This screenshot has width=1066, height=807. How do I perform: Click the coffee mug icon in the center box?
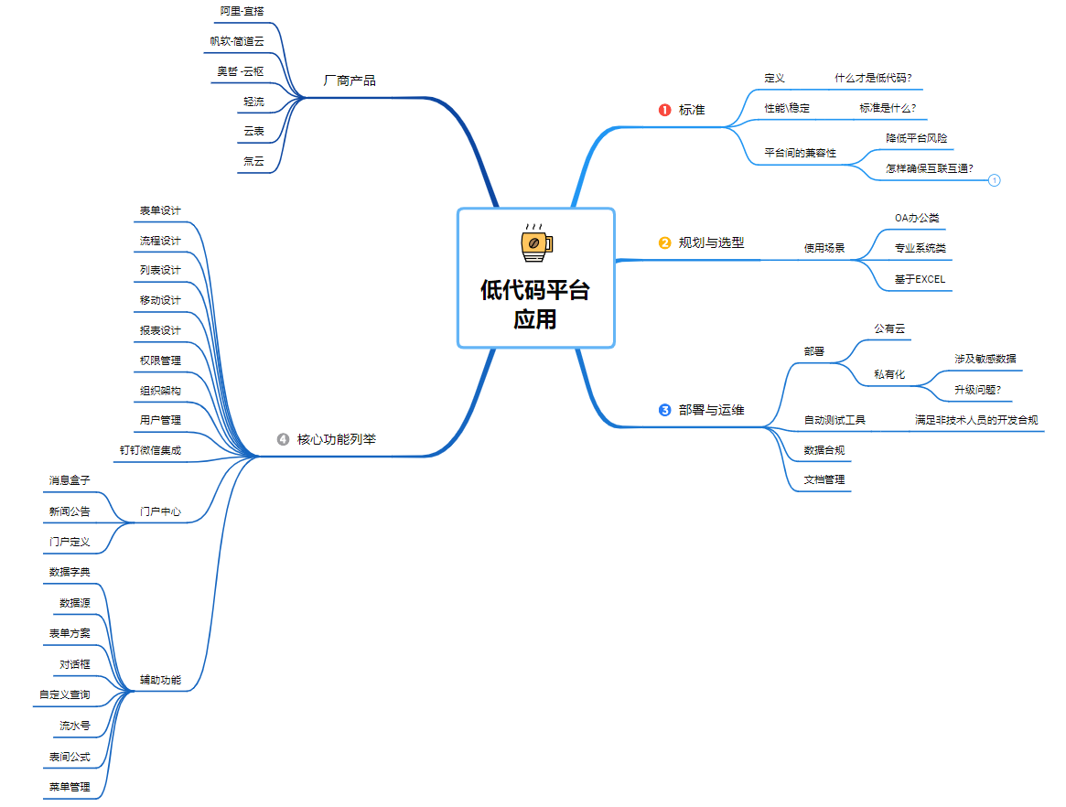535,242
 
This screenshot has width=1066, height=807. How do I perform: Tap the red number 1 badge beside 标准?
665,110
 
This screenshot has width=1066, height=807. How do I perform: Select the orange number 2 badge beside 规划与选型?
665,243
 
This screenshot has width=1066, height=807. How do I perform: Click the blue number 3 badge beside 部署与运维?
665,410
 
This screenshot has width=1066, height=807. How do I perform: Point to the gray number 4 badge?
283,439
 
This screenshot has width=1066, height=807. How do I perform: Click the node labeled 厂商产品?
350,81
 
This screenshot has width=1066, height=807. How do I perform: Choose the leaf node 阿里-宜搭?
242,11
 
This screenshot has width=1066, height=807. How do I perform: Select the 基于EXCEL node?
920,279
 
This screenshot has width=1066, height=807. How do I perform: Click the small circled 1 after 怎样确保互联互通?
995,180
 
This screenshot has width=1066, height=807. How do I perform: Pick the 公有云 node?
889,328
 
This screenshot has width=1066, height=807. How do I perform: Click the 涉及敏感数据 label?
985,359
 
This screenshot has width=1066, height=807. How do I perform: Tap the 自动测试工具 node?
834,420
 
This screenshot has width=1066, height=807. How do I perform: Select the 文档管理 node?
824,479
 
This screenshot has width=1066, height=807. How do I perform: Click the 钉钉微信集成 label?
150,450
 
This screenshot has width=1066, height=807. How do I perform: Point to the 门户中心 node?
160,511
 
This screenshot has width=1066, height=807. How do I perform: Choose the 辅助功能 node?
160,680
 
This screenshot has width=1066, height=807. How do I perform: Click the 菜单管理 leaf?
70,786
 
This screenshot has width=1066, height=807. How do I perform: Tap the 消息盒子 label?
70,479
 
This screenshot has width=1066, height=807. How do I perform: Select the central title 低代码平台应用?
535,305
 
